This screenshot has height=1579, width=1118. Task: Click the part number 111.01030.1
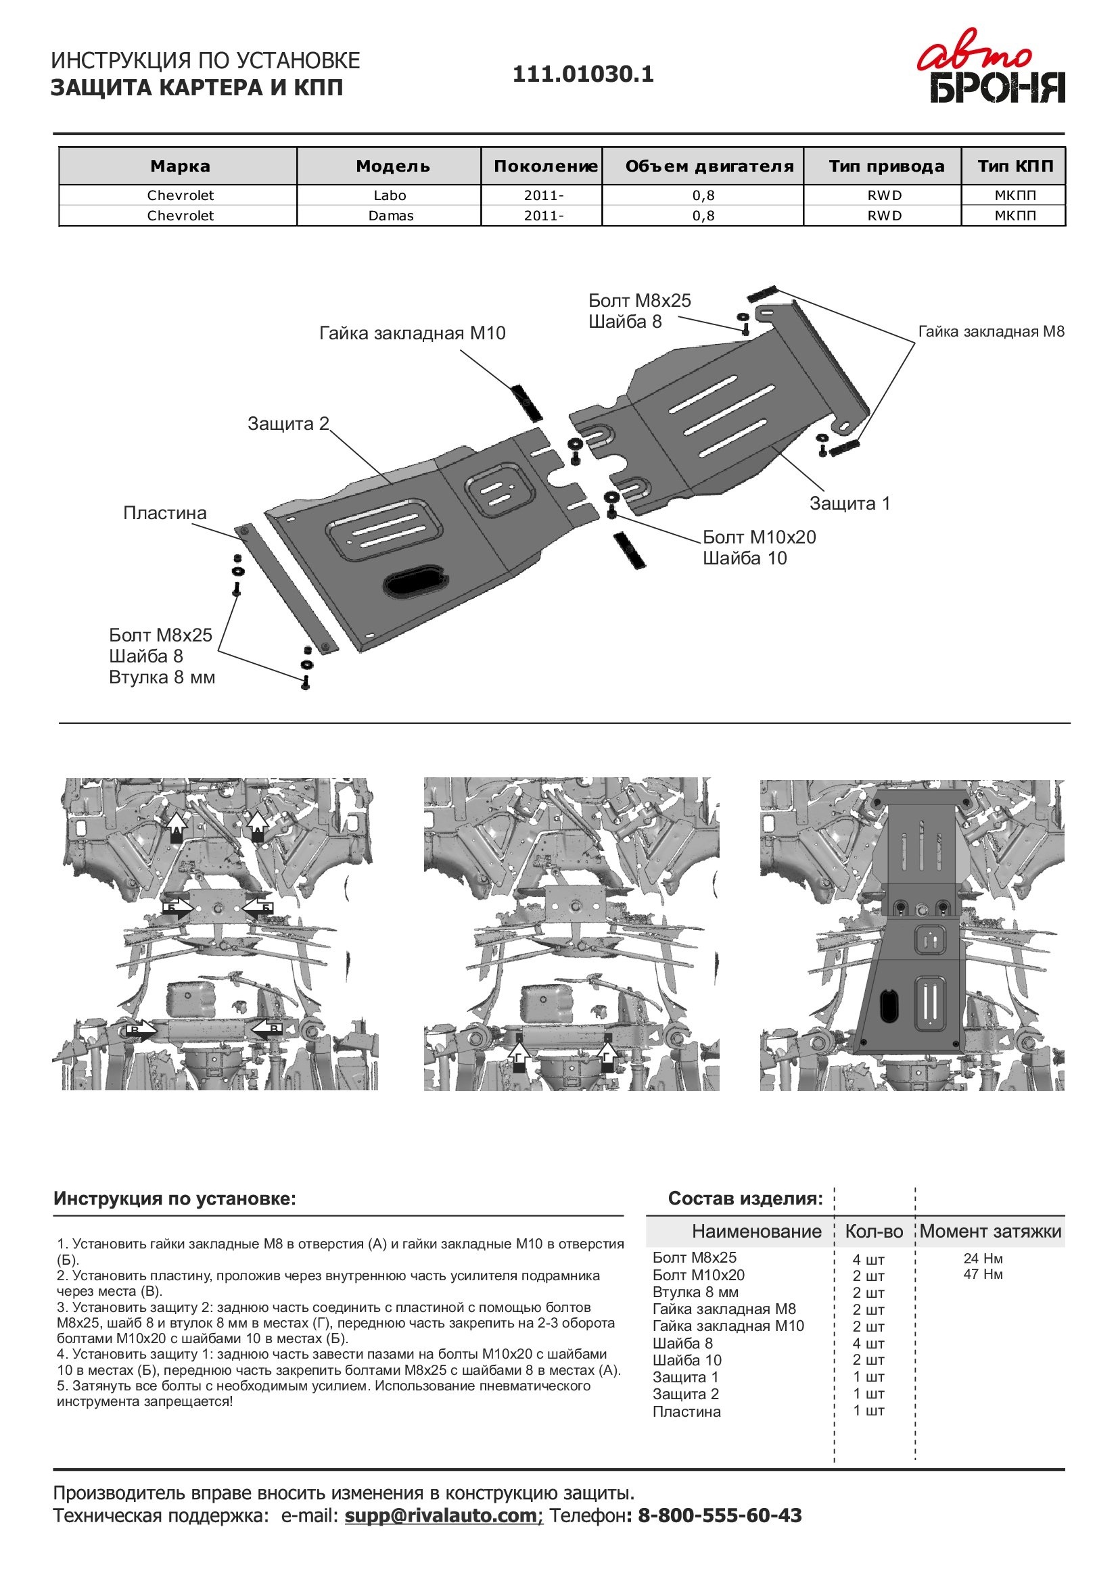click(x=582, y=74)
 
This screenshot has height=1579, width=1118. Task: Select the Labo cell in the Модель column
click(x=390, y=195)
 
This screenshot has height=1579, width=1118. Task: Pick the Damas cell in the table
click(x=390, y=216)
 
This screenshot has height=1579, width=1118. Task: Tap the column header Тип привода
click(x=886, y=166)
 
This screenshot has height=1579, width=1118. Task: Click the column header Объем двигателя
click(x=709, y=166)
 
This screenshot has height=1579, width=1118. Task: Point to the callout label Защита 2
click(x=288, y=424)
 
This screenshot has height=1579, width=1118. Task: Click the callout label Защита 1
click(x=849, y=504)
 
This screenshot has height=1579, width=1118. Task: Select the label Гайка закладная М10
click(x=413, y=334)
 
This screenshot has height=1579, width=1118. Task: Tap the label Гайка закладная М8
click(x=991, y=332)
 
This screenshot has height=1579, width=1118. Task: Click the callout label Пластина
click(x=164, y=513)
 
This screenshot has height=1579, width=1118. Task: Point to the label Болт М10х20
click(x=759, y=537)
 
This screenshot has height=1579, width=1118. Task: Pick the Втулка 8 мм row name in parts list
click(x=695, y=1292)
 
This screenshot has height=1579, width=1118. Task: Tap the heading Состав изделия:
click(x=745, y=1199)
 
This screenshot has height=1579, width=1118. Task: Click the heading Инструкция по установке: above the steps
click(x=174, y=1199)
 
